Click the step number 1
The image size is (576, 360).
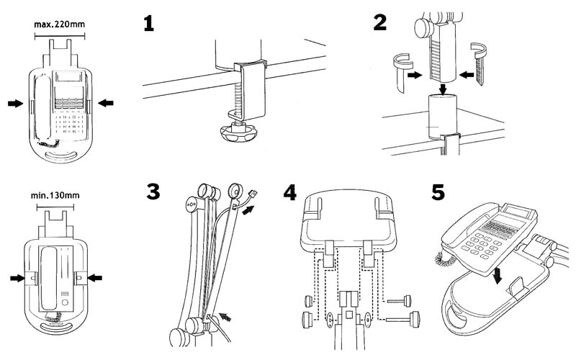[x=148, y=24]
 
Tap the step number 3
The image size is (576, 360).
[x=153, y=192]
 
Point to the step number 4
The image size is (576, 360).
[x=289, y=193]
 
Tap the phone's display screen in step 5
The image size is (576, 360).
[x=518, y=215]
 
